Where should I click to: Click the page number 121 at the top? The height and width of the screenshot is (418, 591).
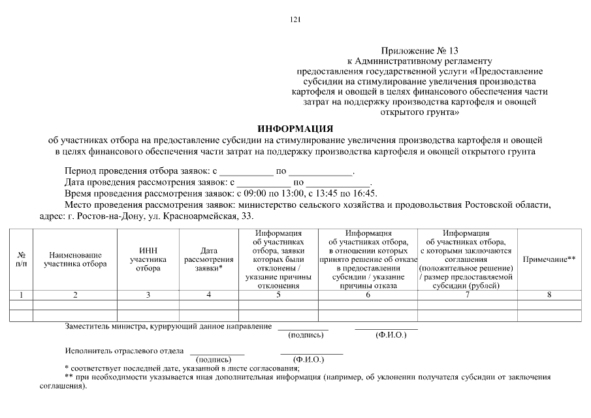tap(295, 20)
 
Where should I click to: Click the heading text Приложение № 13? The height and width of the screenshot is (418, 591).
tap(418, 50)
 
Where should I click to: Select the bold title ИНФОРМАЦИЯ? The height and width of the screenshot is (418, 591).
tap(295, 128)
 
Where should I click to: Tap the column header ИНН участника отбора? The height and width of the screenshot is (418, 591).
tap(148, 259)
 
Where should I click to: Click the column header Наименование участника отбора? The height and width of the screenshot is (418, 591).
tap(75, 259)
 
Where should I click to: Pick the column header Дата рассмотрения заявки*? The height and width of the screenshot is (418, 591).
tap(209, 259)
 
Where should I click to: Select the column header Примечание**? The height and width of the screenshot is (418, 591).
tap(549, 259)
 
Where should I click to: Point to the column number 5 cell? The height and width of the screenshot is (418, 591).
tap(278, 295)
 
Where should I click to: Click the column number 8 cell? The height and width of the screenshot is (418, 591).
tap(549, 295)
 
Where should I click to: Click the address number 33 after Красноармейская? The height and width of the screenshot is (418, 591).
tap(248, 216)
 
